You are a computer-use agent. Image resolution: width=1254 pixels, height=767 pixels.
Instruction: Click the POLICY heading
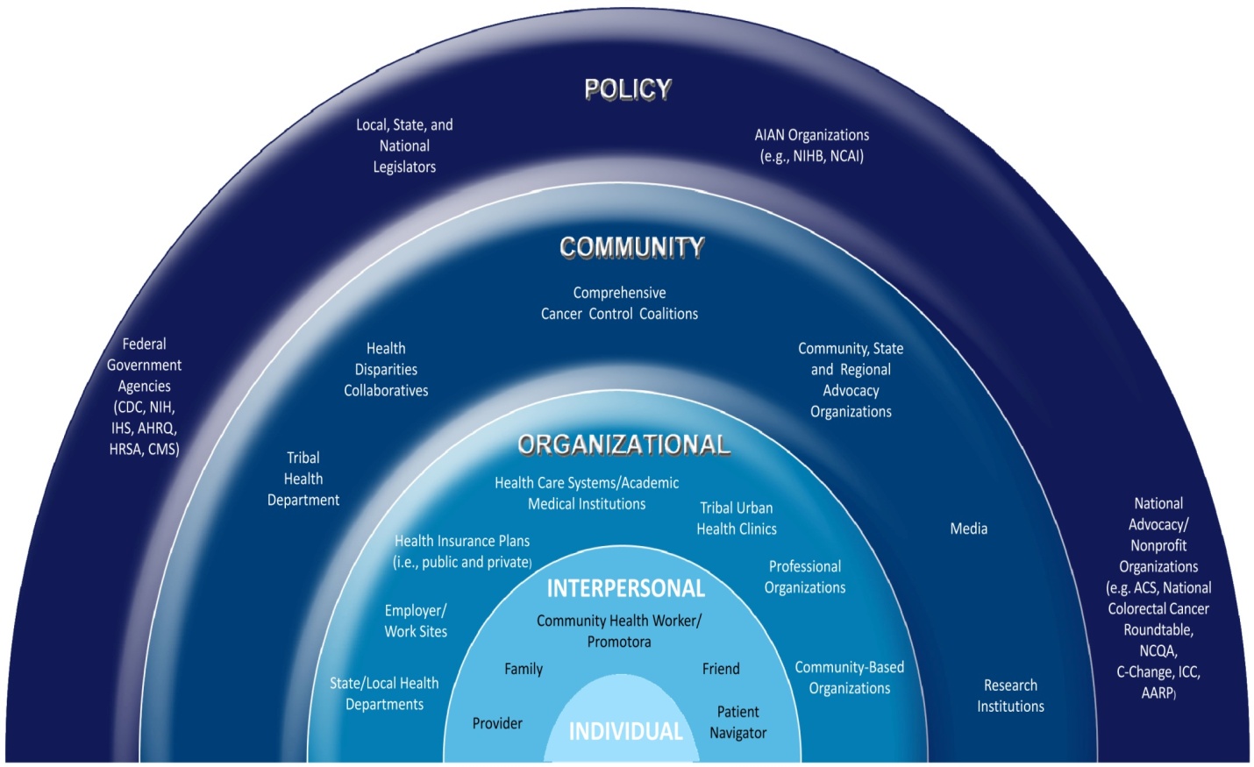[628, 89]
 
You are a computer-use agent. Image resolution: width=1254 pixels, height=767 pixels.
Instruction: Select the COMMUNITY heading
[631, 247]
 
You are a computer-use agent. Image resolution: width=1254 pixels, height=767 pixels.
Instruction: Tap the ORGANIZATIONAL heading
[623, 444]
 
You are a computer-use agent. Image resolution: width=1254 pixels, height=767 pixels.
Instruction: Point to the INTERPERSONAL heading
[625, 588]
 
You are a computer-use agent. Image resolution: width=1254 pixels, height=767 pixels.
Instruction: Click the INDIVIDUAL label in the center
[625, 731]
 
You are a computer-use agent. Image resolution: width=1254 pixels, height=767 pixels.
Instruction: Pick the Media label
[968, 529]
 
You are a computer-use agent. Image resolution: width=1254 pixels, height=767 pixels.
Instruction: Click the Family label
[524, 669]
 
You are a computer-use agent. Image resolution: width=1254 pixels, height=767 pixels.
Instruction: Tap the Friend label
[721, 669]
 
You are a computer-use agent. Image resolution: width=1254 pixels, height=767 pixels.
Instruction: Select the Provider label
[497, 723]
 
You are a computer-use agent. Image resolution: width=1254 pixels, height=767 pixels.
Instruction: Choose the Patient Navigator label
[737, 722]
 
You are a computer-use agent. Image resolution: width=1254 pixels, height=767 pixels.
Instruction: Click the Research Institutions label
[1010, 696]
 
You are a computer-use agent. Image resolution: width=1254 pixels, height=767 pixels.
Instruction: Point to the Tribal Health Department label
[303, 479]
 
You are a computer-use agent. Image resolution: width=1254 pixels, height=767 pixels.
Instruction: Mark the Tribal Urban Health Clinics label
[737, 518]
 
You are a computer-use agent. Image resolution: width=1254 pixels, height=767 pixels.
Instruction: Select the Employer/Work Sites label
[416, 621]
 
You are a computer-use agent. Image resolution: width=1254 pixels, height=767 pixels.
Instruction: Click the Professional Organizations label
[805, 577]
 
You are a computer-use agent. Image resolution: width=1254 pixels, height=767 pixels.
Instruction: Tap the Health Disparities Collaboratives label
[386, 370]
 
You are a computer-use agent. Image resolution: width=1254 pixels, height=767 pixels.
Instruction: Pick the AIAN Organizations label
[812, 146]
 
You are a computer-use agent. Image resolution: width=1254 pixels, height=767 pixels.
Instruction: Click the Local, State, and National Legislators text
[404, 146]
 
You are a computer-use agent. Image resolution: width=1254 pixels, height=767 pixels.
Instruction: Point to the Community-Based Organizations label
[849, 678]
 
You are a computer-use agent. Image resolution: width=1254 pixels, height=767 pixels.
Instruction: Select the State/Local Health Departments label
[384, 693]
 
